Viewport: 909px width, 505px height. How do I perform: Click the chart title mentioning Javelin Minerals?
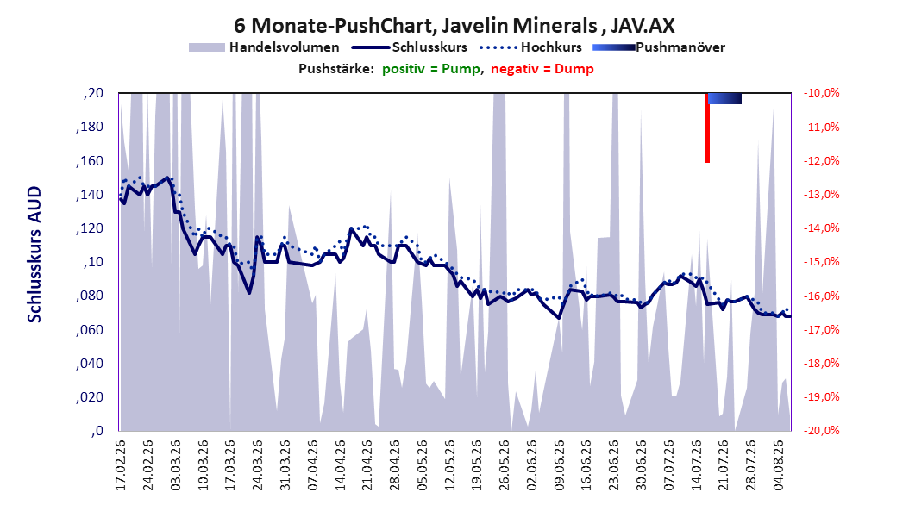454,26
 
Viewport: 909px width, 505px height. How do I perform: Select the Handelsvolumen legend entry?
265,47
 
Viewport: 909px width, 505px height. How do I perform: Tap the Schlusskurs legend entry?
410,47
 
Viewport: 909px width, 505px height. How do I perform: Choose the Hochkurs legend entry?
530,47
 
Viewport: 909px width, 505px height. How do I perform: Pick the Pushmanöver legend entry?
659,47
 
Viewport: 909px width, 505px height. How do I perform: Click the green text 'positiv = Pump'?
430,69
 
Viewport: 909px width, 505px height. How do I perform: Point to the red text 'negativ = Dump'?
542,69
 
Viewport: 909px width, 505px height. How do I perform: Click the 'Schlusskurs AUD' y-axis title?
34,254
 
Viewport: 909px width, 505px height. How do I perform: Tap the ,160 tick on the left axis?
90,161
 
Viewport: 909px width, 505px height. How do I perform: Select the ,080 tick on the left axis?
90,296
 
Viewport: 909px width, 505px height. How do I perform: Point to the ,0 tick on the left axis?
97,431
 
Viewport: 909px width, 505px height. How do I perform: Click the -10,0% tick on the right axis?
821,93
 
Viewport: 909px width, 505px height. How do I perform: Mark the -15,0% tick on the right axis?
821,262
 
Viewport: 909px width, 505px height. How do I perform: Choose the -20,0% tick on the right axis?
821,431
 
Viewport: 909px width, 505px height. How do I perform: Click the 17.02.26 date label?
121,465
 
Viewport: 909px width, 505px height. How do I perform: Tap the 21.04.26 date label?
367,465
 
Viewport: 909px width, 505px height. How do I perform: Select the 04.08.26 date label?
778,465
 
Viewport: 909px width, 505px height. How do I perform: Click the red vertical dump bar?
707,128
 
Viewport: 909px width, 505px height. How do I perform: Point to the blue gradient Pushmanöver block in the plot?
724,98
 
